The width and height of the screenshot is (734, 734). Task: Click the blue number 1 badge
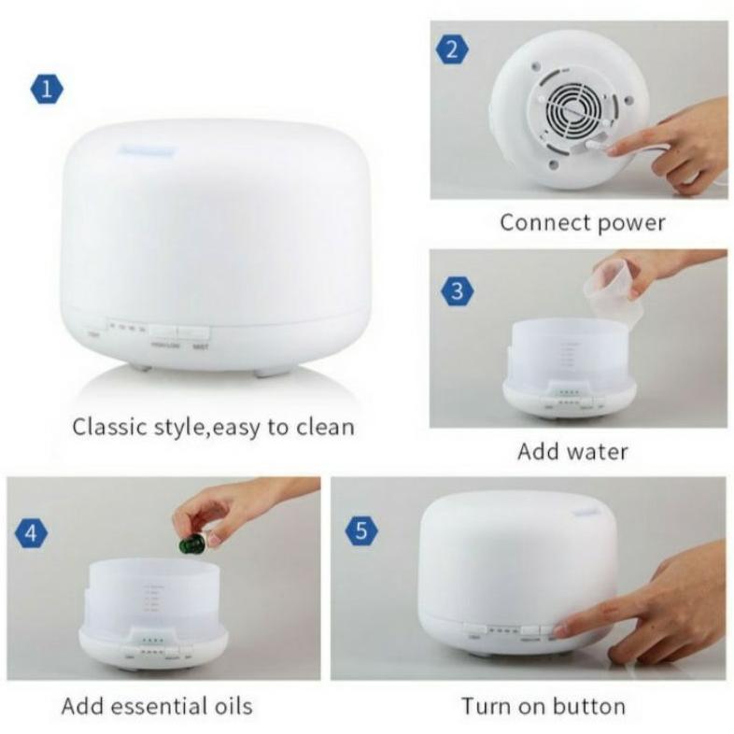47,91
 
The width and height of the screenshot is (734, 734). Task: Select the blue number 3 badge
456,291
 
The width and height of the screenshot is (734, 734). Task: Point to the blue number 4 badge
31,534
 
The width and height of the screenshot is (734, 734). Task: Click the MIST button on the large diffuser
195,332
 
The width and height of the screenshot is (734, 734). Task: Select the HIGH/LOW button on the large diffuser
163,332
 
